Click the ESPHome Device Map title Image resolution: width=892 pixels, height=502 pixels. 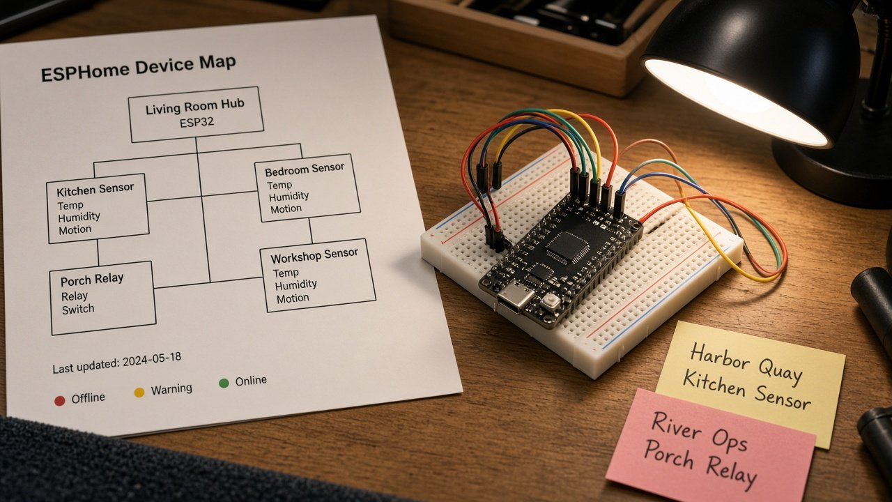point(138,68)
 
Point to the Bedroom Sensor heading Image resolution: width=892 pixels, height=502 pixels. point(305,169)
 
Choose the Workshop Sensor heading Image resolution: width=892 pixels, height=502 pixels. point(314,255)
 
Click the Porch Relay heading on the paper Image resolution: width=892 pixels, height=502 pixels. point(92,280)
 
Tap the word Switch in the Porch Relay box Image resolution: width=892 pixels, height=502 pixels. point(78,309)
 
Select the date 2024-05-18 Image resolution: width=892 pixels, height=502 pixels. point(152,360)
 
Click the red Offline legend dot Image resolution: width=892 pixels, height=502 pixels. point(60,401)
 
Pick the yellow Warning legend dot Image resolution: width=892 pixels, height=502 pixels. point(139,393)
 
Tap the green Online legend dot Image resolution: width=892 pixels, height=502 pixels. point(224,383)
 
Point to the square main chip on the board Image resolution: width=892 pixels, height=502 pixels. point(567,248)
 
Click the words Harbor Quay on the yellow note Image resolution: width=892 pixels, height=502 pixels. point(746,363)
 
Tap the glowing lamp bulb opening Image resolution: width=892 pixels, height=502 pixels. point(736,102)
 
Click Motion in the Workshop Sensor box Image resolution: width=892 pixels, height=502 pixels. point(293,298)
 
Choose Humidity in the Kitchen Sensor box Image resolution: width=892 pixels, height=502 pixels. point(79,217)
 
